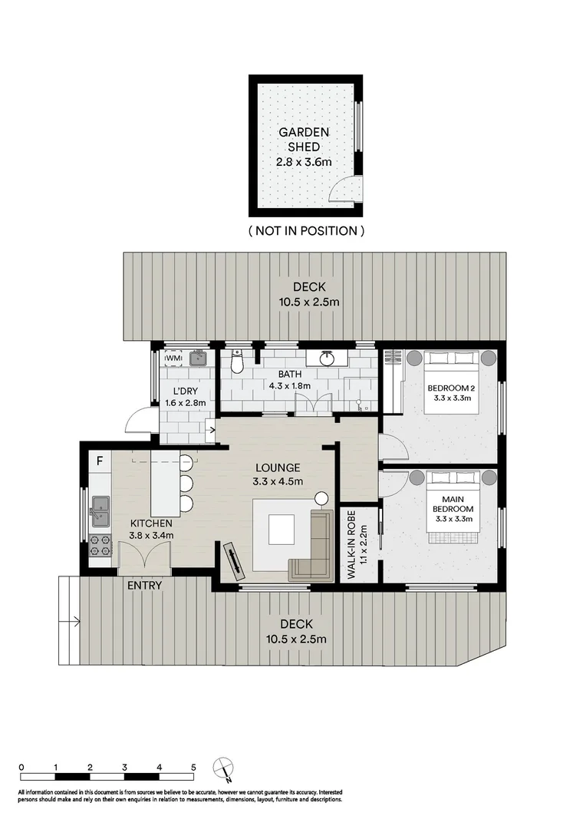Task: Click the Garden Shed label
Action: point(305,147)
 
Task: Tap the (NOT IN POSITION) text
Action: point(306,230)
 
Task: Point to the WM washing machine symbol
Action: point(173,358)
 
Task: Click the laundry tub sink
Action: point(200,358)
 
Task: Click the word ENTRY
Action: point(144,586)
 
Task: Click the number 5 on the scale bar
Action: point(193,767)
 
